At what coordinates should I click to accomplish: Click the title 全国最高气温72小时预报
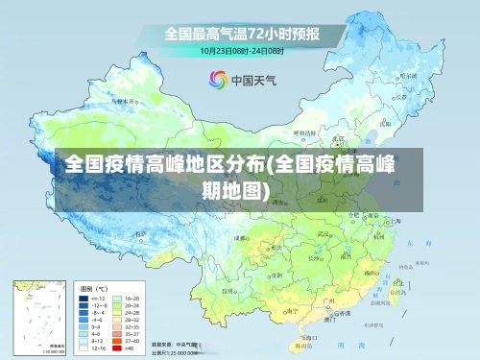tap(241, 33)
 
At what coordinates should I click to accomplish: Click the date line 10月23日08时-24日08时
tap(243, 50)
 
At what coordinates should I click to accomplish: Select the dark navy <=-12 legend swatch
tap(84, 299)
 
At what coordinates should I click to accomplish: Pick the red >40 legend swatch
tap(118, 349)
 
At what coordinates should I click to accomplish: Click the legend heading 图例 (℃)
tap(95, 288)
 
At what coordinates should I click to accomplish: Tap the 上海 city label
tap(391, 221)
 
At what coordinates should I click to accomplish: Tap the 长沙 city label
tap(315, 257)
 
